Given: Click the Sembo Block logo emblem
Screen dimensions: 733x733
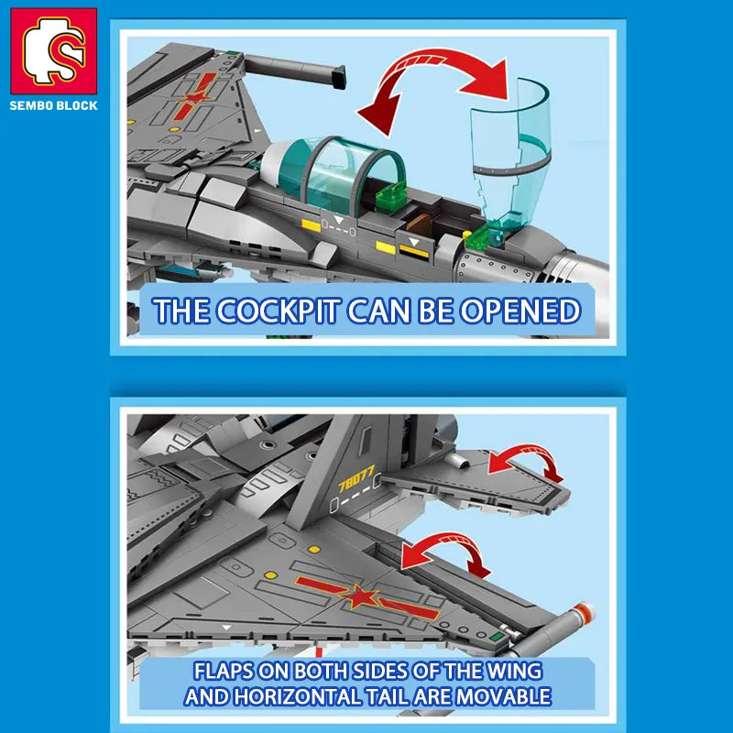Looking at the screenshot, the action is pyautogui.click(x=54, y=50).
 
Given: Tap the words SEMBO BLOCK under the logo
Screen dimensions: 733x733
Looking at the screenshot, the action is pyautogui.click(x=54, y=105).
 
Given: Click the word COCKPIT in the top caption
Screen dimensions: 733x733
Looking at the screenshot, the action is pyautogui.click(x=279, y=311).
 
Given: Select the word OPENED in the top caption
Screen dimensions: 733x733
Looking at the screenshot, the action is pyautogui.click(x=520, y=311).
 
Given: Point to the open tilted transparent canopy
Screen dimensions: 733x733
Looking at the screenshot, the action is pyautogui.click(x=512, y=154).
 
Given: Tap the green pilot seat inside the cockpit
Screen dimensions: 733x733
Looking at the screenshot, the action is pyautogui.click(x=391, y=195).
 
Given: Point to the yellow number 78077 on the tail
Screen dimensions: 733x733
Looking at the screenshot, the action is pyautogui.click(x=356, y=477).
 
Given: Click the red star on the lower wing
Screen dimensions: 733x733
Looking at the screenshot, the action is pyautogui.click(x=361, y=597).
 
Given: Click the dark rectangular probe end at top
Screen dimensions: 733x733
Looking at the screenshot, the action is pyautogui.click(x=338, y=78).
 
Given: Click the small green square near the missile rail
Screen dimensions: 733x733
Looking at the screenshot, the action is pyautogui.click(x=497, y=636).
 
